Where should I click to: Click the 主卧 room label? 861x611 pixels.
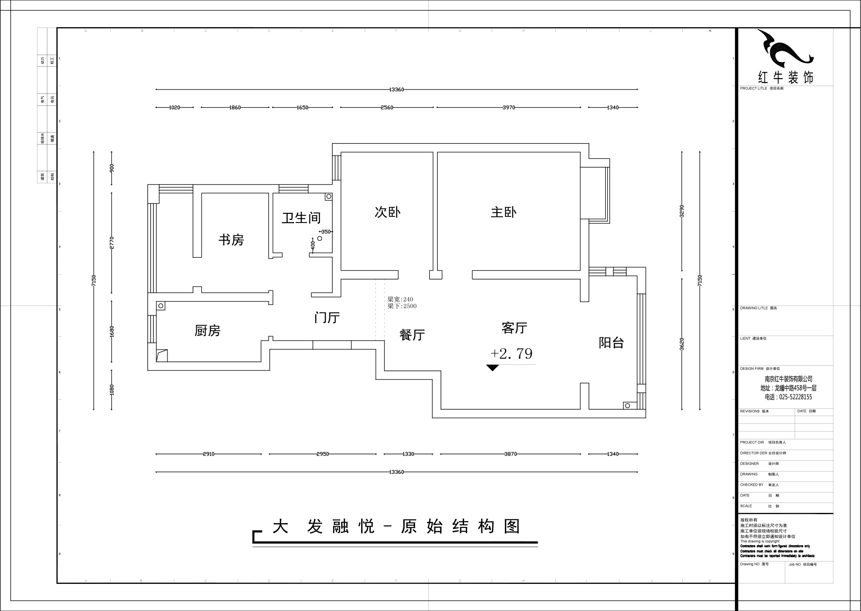tap(503, 212)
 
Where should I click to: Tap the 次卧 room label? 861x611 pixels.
tap(387, 212)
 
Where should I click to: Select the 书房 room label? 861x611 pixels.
tap(231, 240)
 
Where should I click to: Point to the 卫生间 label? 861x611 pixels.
tap(301, 218)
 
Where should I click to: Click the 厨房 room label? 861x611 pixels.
tap(208, 330)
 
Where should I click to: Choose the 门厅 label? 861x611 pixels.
tap(327, 318)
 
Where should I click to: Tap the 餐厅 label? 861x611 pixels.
tap(412, 335)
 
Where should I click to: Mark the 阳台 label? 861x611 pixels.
tap(611, 343)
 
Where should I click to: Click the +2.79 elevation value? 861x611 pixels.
tap(511, 354)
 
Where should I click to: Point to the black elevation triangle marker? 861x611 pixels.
tap(492, 367)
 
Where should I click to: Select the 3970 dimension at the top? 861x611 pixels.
tap(509, 108)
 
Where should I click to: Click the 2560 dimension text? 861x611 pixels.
tap(387, 108)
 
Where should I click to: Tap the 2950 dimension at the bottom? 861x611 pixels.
tap(322, 454)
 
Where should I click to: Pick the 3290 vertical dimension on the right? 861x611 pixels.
tap(682, 211)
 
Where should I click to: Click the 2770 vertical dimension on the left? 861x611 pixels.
tap(111, 243)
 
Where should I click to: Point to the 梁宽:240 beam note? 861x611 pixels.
tap(400, 299)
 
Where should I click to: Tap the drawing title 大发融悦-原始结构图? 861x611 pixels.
tap(396, 526)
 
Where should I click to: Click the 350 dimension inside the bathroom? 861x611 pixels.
tap(326, 231)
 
